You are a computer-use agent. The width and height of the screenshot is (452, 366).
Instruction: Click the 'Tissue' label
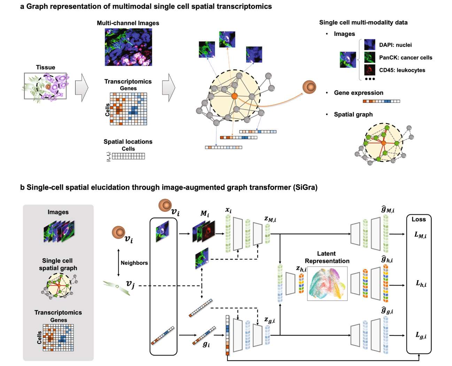(x=46, y=67)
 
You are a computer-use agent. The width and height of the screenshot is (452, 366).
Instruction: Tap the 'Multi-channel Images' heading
(x=128, y=23)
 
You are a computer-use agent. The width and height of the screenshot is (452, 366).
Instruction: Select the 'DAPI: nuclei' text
(x=395, y=45)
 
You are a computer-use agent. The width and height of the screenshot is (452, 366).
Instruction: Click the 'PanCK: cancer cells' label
(x=405, y=58)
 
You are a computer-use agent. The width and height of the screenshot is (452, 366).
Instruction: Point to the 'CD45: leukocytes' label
(x=402, y=70)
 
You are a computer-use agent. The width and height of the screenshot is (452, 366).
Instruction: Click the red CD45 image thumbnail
(x=369, y=70)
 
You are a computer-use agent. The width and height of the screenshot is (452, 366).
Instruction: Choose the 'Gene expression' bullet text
(x=358, y=93)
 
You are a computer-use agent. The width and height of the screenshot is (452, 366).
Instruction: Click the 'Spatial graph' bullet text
(x=353, y=114)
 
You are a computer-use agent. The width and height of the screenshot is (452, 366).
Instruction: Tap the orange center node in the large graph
(x=234, y=96)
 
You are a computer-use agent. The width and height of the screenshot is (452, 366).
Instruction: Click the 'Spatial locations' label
(x=128, y=142)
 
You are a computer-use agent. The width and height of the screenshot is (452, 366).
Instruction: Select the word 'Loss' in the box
(x=419, y=219)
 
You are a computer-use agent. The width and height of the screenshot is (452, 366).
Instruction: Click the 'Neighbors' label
(x=134, y=263)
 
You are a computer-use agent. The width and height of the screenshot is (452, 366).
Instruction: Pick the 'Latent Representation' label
(x=327, y=257)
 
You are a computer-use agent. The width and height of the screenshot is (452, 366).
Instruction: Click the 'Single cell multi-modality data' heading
(x=363, y=22)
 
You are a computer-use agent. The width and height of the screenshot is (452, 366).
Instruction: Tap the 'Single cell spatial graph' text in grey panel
(x=58, y=264)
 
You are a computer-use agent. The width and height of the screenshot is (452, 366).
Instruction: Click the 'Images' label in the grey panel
(x=58, y=212)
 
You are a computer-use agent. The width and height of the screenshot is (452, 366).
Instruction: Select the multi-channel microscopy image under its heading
(x=128, y=47)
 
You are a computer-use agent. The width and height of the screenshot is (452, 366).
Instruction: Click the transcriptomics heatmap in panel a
(x=128, y=109)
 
